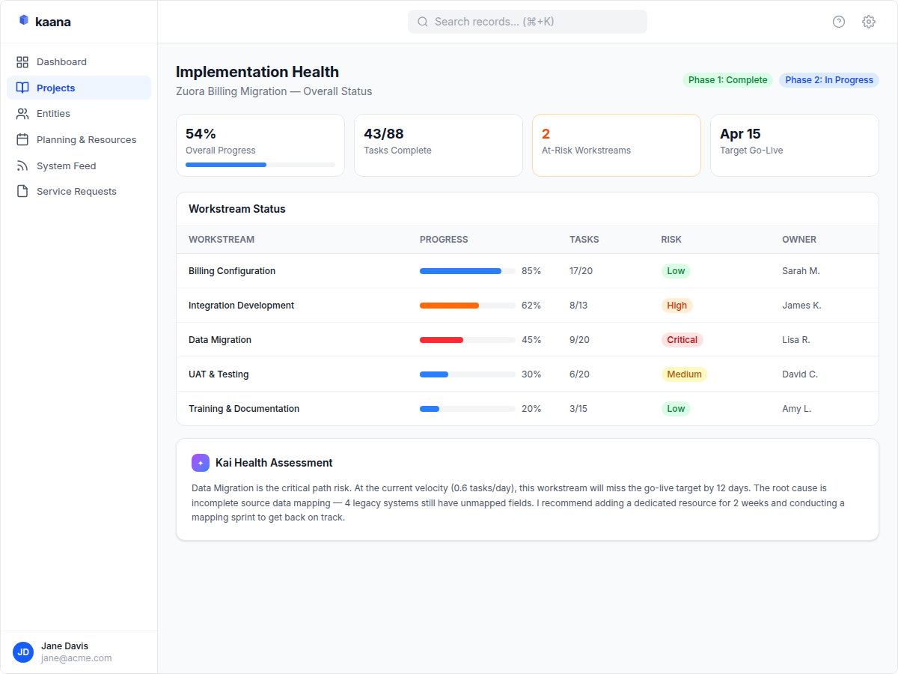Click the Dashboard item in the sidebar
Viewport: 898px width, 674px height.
pos(61,62)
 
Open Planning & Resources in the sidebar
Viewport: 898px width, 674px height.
pos(86,140)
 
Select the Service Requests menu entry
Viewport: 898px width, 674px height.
pos(76,192)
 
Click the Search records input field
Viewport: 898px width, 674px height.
pos(527,22)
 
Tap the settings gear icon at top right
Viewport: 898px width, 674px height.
pos(868,22)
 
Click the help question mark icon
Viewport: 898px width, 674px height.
pos(838,22)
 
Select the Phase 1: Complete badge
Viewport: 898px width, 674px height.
pos(727,80)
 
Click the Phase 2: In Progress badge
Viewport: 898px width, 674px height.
pos(828,80)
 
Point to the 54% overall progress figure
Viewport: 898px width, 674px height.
pos(201,134)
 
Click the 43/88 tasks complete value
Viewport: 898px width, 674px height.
pos(383,134)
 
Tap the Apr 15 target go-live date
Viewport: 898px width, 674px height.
pos(739,134)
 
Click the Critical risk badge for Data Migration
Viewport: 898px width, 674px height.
pos(682,340)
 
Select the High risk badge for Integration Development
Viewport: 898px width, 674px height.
pos(676,306)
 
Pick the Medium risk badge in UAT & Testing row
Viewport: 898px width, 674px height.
pos(684,374)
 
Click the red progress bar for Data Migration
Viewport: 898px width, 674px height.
pos(442,340)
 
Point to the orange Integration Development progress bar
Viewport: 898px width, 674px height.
pos(449,306)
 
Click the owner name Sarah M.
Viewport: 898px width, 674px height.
pos(801,271)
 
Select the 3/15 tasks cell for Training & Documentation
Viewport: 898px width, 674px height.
pos(578,409)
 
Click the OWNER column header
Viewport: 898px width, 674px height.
pos(798,240)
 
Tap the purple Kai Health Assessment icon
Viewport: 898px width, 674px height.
pos(200,463)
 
